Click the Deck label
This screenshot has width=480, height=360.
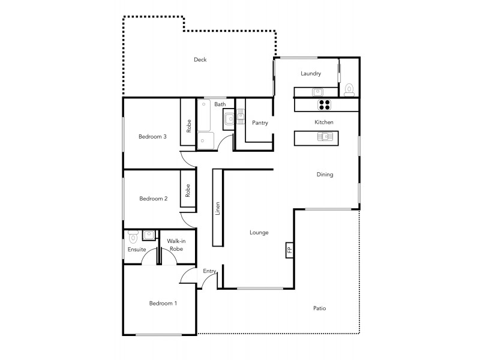tap(200, 59)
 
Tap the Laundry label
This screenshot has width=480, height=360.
tap(311, 74)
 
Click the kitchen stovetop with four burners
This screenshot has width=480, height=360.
tap(324, 104)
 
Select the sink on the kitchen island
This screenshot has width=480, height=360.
tap(325, 137)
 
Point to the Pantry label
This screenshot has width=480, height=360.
tap(260, 123)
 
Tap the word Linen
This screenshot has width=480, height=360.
tap(217, 208)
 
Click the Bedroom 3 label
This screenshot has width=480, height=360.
tap(152, 137)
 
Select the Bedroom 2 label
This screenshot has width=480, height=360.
tap(153, 199)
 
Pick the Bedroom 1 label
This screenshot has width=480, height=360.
tap(163, 304)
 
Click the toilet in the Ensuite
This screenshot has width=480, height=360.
tap(133, 236)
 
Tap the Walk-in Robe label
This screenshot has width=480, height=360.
tap(175, 245)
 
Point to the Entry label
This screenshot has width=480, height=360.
tap(209, 271)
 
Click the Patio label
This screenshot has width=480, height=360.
tap(320, 308)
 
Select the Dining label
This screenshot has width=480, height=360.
tap(325, 175)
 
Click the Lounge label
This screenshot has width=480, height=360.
tap(259, 233)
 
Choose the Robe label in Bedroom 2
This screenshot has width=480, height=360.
tap(188, 191)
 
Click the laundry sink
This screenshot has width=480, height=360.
tap(317, 92)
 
